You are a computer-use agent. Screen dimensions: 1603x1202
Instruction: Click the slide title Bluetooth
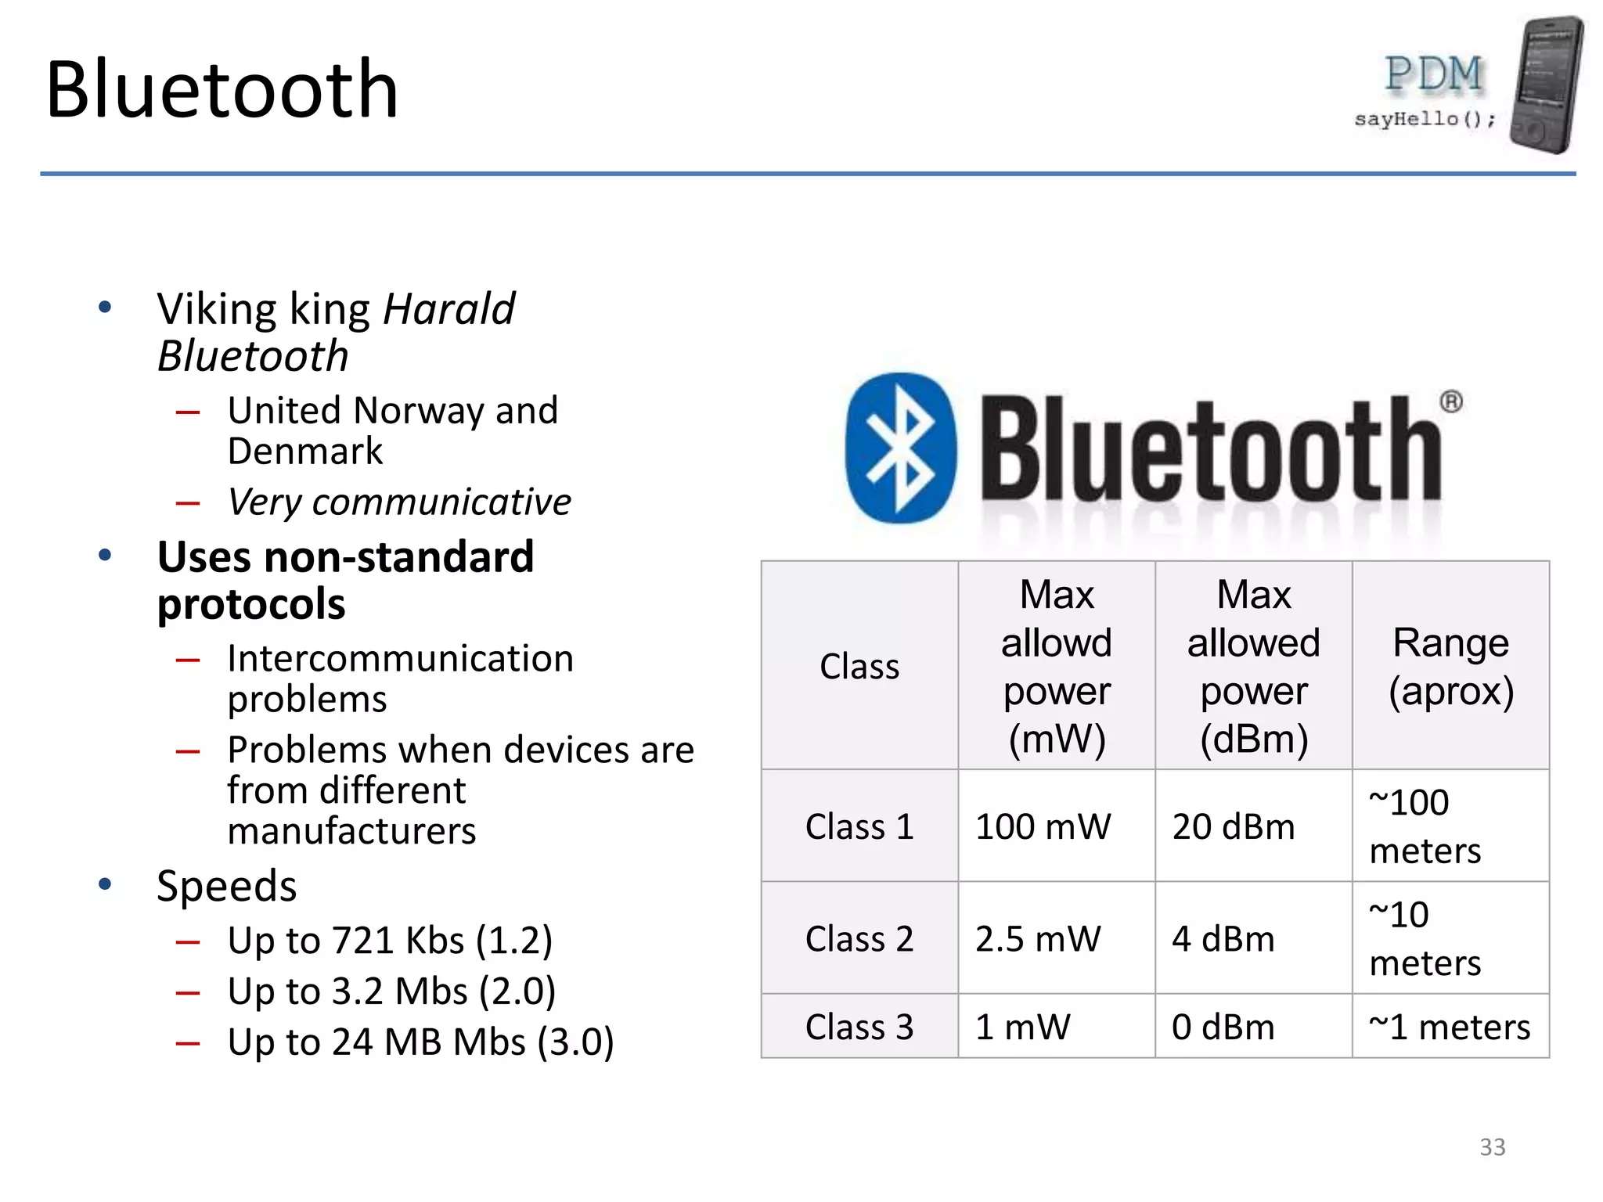click(222, 90)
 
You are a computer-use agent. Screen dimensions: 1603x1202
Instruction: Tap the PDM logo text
click(1434, 75)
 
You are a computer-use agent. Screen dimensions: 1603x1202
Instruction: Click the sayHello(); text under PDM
click(1425, 119)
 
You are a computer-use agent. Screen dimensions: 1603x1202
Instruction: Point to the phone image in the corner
click(1547, 85)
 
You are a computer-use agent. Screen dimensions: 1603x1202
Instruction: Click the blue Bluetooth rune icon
click(901, 448)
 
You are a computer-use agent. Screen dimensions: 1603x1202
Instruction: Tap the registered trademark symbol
click(1450, 402)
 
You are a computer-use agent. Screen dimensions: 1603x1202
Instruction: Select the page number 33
click(1492, 1147)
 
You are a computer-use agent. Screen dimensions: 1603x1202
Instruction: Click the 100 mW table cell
click(1043, 826)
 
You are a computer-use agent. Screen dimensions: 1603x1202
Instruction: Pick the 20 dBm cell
click(1233, 826)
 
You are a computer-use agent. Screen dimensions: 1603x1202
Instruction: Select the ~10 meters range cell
click(1425, 938)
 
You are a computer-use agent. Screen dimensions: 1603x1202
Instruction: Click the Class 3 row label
click(859, 1027)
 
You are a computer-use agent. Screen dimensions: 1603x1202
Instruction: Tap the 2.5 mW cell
click(1038, 938)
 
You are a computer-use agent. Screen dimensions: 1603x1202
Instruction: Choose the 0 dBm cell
click(1223, 1027)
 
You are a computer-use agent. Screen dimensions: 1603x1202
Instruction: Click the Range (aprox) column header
click(1450, 666)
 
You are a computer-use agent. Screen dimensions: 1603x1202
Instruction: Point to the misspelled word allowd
click(1056, 642)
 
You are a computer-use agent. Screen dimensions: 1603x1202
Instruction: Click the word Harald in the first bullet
click(448, 308)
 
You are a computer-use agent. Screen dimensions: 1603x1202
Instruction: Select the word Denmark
click(305, 452)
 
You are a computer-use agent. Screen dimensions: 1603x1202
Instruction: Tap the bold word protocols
click(251, 604)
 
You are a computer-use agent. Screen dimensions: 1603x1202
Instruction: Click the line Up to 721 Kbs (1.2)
click(390, 940)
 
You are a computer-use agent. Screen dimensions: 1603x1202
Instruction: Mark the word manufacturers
click(351, 830)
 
